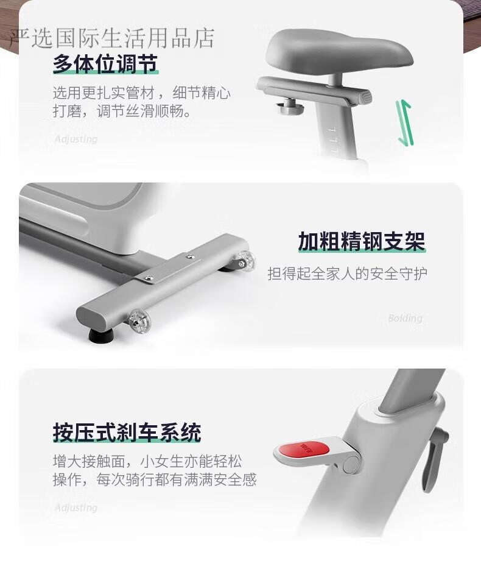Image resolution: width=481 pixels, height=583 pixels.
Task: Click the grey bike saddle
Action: click(339, 51)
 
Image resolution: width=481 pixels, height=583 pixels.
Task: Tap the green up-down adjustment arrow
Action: click(404, 122)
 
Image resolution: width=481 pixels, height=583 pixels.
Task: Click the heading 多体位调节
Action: click(105, 64)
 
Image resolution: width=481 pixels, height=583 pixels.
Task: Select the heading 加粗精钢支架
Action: click(361, 241)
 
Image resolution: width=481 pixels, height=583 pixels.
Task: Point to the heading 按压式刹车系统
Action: click(127, 432)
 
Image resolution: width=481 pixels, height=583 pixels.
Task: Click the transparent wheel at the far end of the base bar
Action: click(245, 260)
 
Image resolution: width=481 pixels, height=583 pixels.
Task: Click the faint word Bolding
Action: click(405, 318)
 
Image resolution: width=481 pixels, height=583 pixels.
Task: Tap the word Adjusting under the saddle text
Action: click(76, 139)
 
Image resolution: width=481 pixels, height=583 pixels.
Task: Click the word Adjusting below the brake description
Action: click(76, 507)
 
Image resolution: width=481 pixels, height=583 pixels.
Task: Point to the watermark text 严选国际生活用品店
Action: click(112, 38)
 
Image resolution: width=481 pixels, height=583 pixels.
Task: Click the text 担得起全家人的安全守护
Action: click(347, 274)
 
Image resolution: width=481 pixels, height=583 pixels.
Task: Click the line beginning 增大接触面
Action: click(147, 461)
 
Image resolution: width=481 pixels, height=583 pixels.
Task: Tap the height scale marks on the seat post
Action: click(334, 140)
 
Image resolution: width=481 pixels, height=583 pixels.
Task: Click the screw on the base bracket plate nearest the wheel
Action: click(191, 256)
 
